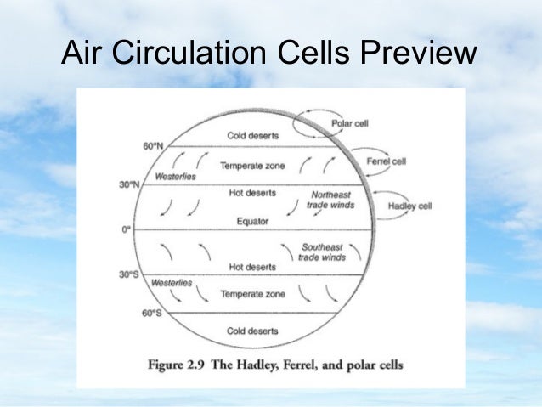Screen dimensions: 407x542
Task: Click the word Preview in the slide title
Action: (x=417, y=54)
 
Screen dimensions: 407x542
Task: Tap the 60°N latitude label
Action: (x=153, y=145)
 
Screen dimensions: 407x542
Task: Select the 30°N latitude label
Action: (x=129, y=184)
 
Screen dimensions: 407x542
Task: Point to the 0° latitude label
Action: (x=127, y=229)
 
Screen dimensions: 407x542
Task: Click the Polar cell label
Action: (x=349, y=123)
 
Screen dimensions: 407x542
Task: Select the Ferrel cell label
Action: (x=386, y=161)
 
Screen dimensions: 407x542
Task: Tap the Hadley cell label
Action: (x=410, y=205)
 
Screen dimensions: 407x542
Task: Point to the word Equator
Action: (x=252, y=221)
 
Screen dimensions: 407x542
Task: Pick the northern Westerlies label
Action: (x=176, y=176)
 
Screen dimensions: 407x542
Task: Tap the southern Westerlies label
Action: (x=171, y=282)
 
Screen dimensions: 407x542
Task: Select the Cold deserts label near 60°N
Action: (x=251, y=136)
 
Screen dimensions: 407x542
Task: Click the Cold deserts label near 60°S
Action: (x=251, y=330)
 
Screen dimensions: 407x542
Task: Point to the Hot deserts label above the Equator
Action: (x=252, y=193)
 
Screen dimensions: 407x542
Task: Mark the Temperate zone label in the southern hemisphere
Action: (x=252, y=294)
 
